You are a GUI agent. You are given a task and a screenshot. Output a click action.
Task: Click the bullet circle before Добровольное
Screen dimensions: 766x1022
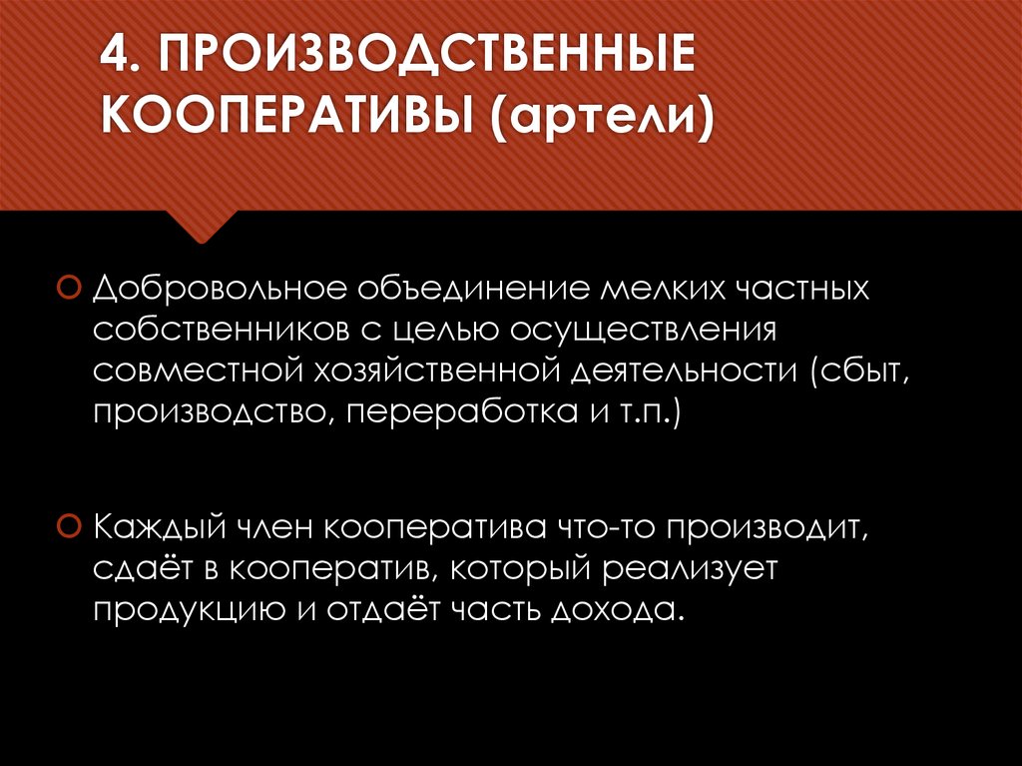[67, 289]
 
